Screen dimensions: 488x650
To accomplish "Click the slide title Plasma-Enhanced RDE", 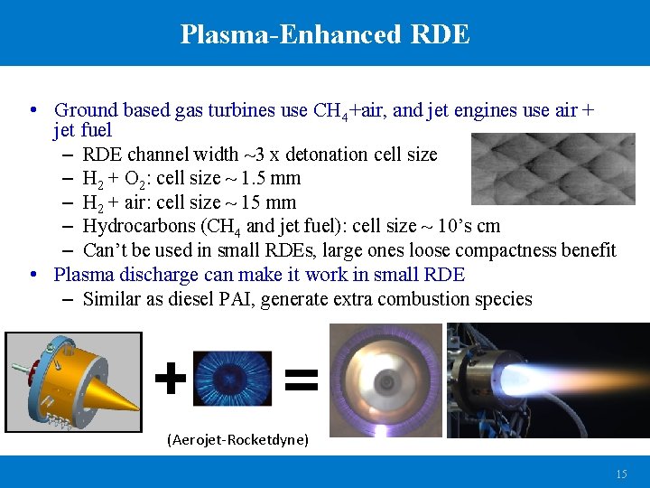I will pyautogui.click(x=325, y=34).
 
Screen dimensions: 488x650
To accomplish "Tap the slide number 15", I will pyautogui.click(x=621, y=474).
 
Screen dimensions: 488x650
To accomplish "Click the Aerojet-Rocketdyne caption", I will pyautogui.click(x=237, y=440).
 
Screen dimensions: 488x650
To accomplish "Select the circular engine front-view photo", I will pyautogui.click(x=385, y=380).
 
